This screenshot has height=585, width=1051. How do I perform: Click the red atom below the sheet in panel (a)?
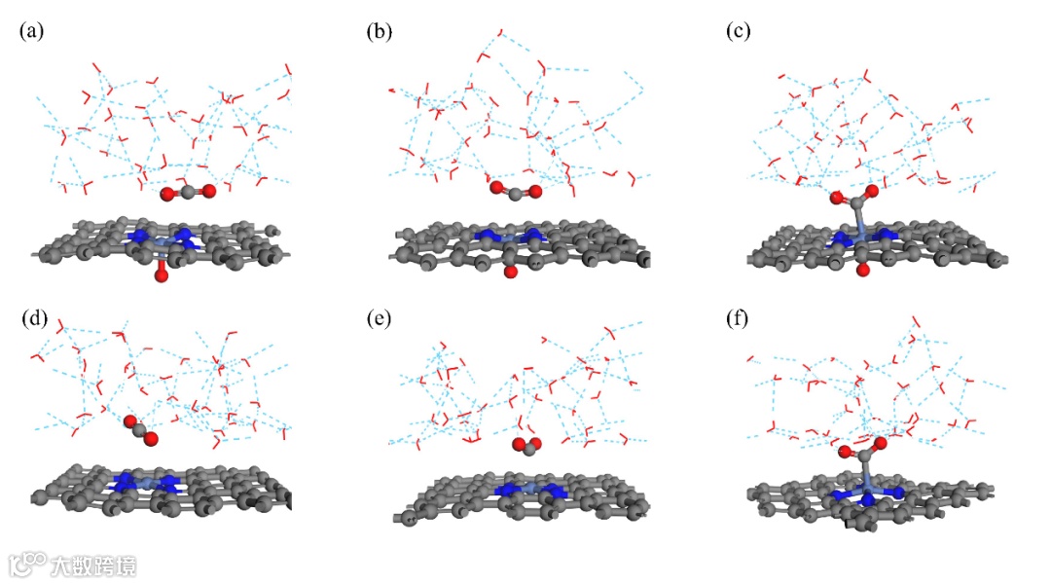pyautogui.click(x=162, y=276)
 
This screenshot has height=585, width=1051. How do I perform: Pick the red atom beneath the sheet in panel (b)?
pyautogui.click(x=511, y=273)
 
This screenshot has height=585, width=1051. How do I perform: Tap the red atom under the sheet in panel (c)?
pyautogui.click(x=861, y=269)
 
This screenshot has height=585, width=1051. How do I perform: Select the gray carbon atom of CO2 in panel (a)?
pyautogui.click(x=186, y=194)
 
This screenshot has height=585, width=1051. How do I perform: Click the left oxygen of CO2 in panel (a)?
pyautogui.click(x=167, y=195)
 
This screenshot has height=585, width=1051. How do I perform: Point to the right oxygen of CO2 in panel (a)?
pyautogui.click(x=206, y=192)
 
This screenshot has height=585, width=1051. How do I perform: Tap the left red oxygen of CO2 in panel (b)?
pyautogui.click(x=496, y=187)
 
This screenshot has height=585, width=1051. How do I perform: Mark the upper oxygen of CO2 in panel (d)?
pyautogui.click(x=129, y=421)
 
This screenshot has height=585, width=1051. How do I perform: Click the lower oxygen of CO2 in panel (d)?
pyautogui.click(x=151, y=440)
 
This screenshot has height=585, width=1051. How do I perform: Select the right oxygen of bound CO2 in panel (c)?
pyautogui.click(x=871, y=192)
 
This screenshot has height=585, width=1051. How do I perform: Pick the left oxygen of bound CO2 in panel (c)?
pyautogui.click(x=836, y=199)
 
